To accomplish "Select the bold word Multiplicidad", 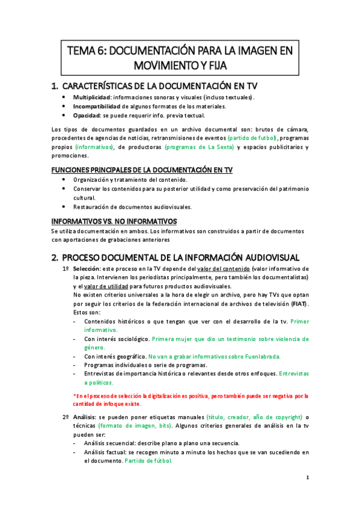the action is [90, 97].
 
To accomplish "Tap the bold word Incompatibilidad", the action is [96, 106].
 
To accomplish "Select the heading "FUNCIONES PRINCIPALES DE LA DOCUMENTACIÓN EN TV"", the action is [142, 170].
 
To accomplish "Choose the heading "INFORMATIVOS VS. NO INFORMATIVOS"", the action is [114, 221].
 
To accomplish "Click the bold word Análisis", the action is [85, 417].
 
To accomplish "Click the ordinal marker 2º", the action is [66, 417].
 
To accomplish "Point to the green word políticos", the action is [99, 382].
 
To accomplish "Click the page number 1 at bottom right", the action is [307, 478].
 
